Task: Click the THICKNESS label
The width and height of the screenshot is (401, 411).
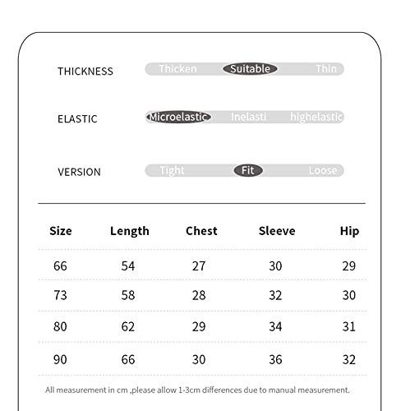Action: coord(85,71)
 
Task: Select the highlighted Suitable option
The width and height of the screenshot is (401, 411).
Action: coord(250,69)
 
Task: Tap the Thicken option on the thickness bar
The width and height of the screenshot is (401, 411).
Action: coord(177,69)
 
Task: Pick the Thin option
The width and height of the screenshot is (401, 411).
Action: coord(326,69)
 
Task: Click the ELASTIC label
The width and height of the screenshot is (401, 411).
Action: coord(77,118)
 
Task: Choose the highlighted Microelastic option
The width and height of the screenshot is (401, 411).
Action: coord(179,117)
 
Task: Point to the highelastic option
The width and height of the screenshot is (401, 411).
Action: coord(316,117)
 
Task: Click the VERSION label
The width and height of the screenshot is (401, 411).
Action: coord(79,172)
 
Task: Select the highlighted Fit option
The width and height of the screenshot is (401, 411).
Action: coord(247,170)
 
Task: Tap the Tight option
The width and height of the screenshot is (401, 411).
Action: coord(172,170)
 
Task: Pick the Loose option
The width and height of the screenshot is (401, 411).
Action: coord(323,170)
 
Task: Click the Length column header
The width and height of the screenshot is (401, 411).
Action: coord(130,231)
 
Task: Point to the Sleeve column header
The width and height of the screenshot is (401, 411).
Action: coord(277,231)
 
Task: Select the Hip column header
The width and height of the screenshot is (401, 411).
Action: coord(349,231)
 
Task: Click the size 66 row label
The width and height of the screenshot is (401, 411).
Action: coord(60,266)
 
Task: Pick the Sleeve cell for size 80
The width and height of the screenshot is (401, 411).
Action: coord(275,326)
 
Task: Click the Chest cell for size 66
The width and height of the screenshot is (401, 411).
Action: coord(199,266)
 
